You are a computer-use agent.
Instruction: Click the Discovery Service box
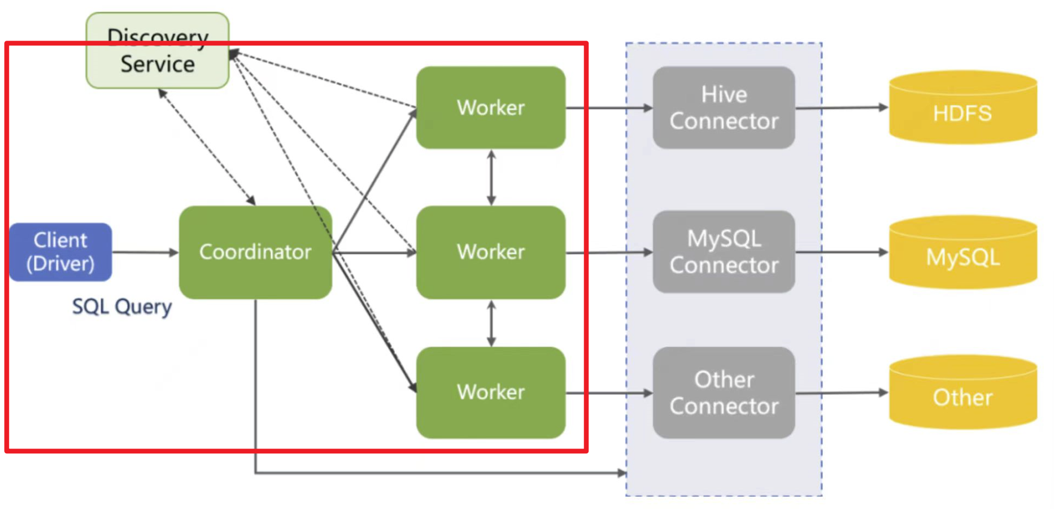click(x=157, y=51)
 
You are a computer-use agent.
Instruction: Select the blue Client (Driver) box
click(x=60, y=252)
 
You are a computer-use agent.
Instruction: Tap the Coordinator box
click(x=255, y=252)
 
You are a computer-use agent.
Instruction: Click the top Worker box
click(x=491, y=108)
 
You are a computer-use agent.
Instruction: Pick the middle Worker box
click(x=491, y=252)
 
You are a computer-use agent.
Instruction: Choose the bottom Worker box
click(x=491, y=392)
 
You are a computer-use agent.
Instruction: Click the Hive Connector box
click(x=724, y=108)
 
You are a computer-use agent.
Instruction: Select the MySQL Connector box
click(x=724, y=252)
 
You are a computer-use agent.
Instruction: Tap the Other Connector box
click(x=724, y=392)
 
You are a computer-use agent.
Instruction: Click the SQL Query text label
click(x=122, y=306)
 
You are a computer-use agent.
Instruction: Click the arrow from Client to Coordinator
click(x=145, y=252)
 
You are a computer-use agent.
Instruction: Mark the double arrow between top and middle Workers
click(x=491, y=178)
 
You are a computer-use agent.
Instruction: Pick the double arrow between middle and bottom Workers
click(x=491, y=323)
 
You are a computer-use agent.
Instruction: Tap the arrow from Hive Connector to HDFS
click(x=842, y=108)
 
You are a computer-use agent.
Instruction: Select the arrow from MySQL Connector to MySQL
click(x=842, y=252)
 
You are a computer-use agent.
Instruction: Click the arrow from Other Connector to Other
click(x=842, y=393)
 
